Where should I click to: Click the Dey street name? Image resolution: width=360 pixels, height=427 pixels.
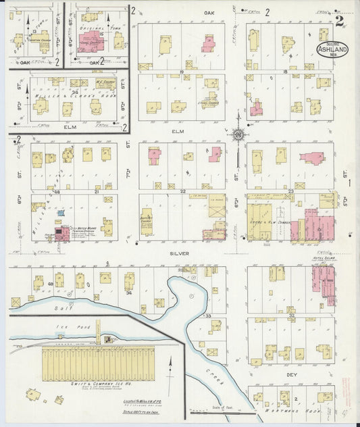[x=292, y=374]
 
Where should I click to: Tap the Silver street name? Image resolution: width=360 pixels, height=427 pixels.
[x=180, y=253]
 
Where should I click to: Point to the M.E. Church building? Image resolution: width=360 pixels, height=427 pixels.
[x=104, y=83]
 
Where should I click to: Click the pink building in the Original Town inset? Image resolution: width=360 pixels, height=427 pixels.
[x=90, y=41]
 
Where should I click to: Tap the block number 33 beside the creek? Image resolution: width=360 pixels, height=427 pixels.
[x=208, y=316]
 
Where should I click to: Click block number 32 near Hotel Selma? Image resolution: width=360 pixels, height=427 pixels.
[x=291, y=315]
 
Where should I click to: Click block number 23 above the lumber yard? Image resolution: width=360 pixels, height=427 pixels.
[x=290, y=191]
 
